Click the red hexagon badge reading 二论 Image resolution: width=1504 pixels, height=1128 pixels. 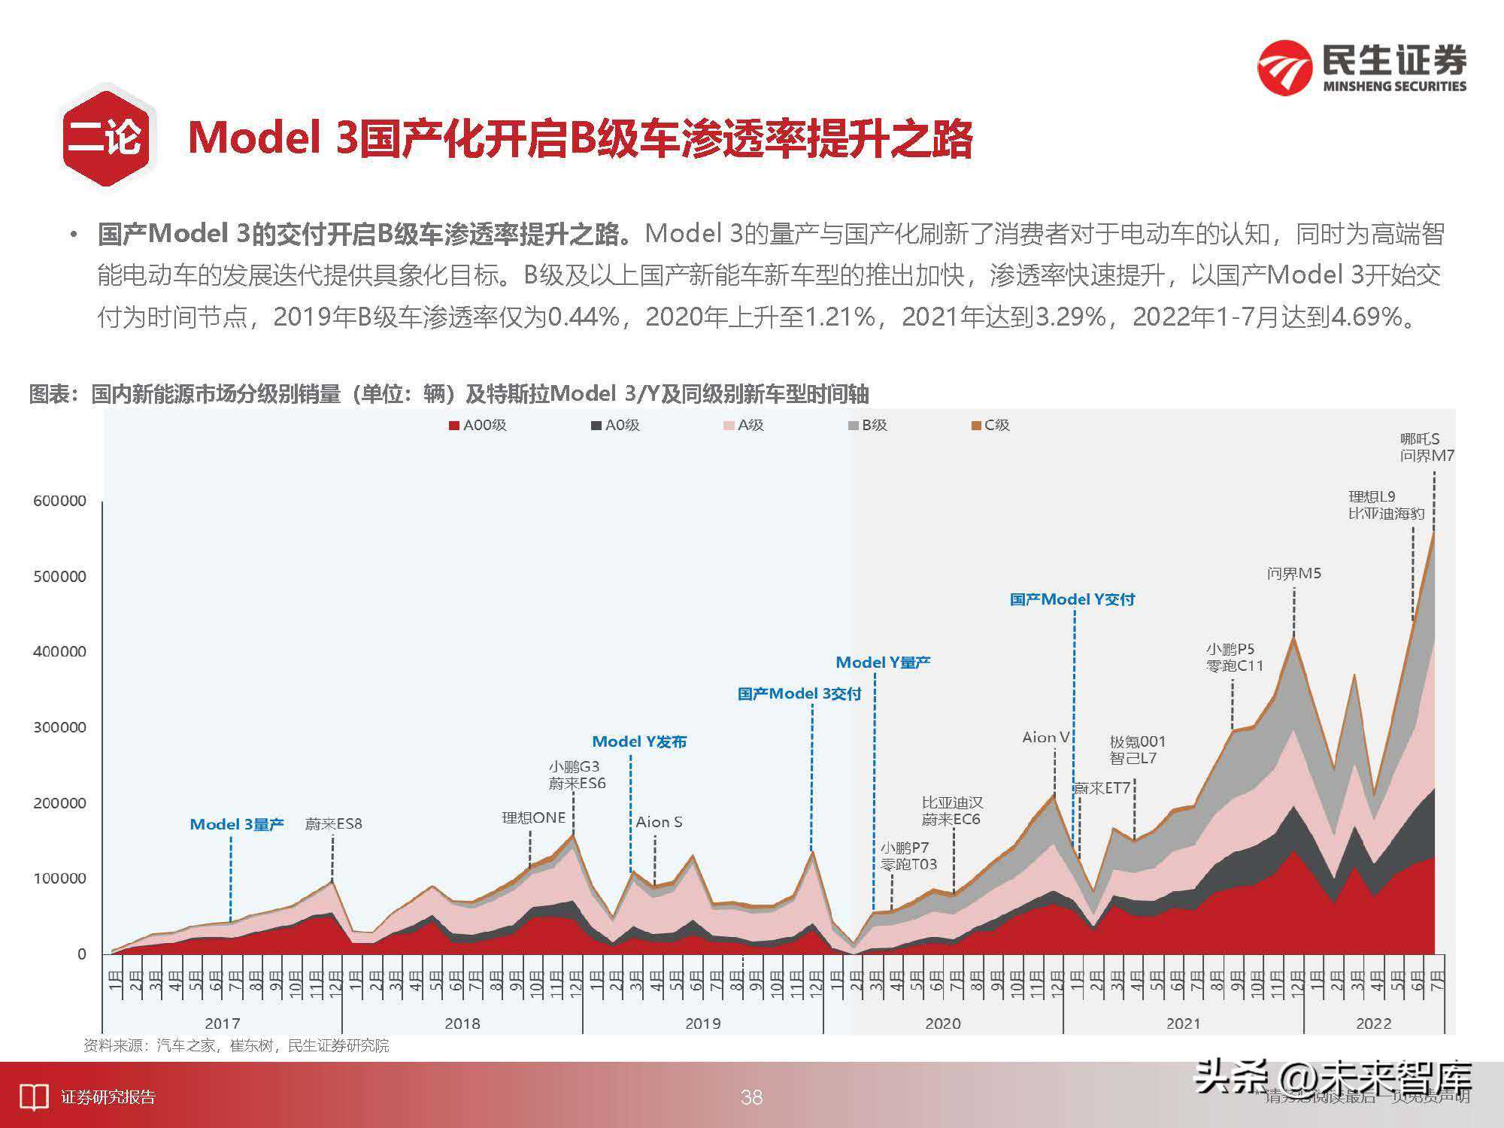[106, 138]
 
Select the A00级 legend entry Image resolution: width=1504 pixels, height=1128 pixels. [478, 425]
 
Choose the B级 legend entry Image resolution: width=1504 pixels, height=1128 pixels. [868, 425]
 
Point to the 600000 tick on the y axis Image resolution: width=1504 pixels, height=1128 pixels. [59, 501]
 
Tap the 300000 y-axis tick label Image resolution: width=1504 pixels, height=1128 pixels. [59, 727]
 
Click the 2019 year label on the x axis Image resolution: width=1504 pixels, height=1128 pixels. [702, 1023]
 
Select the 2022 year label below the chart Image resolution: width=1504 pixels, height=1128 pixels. [1373, 1023]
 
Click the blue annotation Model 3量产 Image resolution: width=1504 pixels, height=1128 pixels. [237, 824]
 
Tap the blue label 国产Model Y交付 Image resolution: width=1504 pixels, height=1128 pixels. [1072, 599]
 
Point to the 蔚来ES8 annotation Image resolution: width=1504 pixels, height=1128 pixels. [333, 824]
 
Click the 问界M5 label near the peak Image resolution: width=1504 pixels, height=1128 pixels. [1293, 574]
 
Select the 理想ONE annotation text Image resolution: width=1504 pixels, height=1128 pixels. [533, 817]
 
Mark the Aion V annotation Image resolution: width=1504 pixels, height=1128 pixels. [1045, 737]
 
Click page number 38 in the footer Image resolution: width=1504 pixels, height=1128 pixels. [751, 1097]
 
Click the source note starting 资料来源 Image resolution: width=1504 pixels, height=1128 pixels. [236, 1045]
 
